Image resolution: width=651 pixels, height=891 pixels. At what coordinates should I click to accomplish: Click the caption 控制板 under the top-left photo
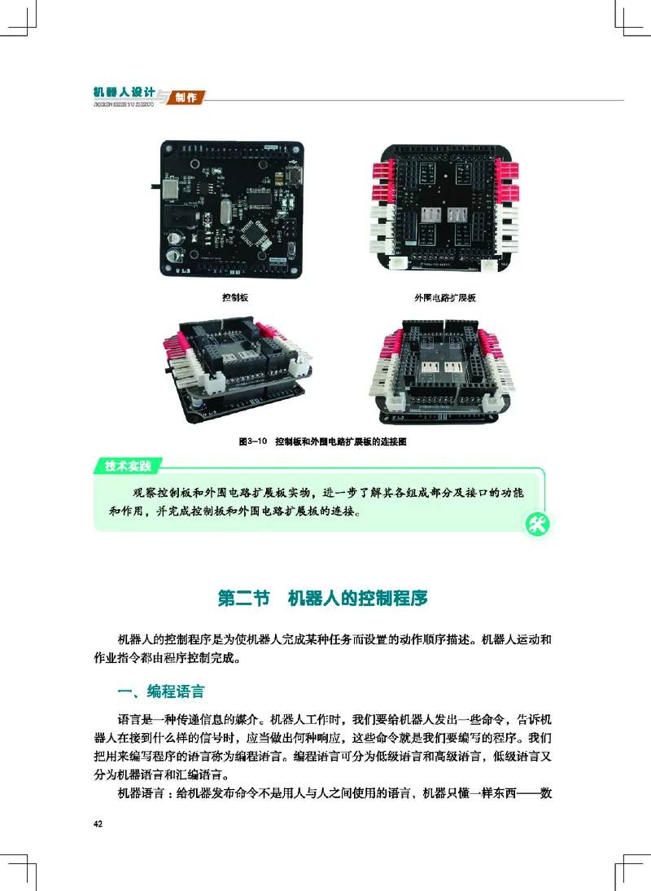pyautogui.click(x=234, y=298)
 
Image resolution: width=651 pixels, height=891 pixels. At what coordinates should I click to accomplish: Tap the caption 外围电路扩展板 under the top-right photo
pyautogui.click(x=444, y=298)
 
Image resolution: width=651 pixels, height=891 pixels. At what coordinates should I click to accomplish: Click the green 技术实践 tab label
pyautogui.click(x=128, y=466)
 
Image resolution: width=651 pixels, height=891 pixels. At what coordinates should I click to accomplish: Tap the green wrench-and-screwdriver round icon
pyautogui.click(x=537, y=525)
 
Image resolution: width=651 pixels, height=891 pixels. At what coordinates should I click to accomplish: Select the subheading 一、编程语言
pyautogui.click(x=160, y=692)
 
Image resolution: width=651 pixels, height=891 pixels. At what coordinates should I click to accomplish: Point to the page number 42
pyautogui.click(x=98, y=824)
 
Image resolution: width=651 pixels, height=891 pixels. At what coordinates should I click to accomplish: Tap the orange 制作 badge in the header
pyautogui.click(x=186, y=98)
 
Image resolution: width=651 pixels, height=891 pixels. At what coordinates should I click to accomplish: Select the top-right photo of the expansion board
pyautogui.click(x=443, y=210)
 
